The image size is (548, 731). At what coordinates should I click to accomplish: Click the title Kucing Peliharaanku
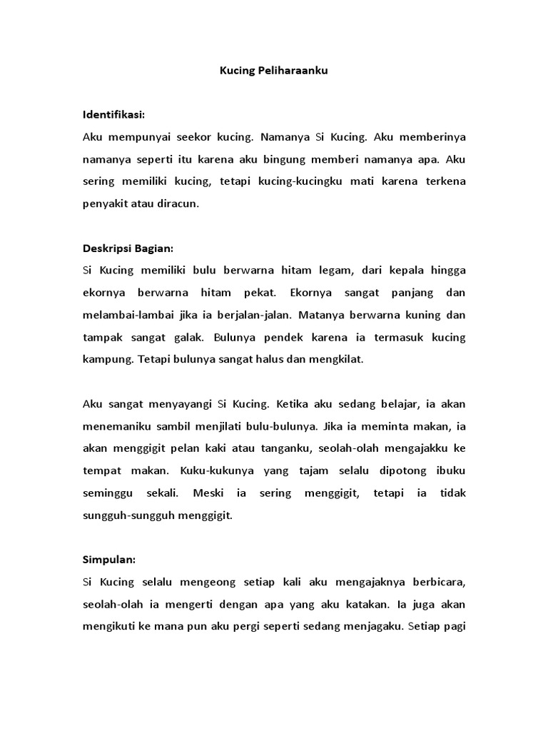coord(273,72)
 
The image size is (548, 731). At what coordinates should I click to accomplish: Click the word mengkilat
coord(335,360)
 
